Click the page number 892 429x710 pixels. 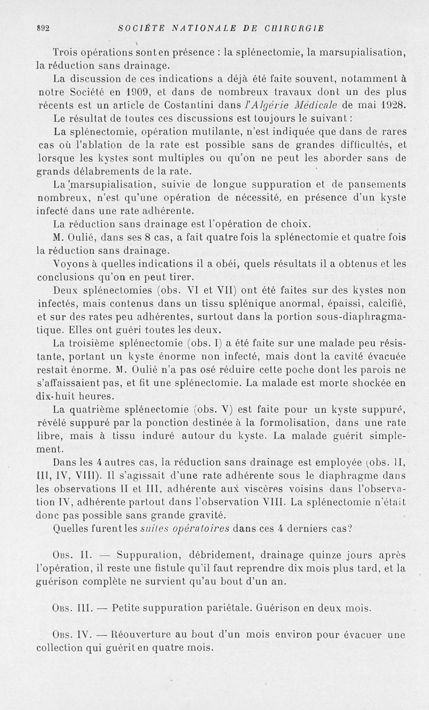click(x=42, y=29)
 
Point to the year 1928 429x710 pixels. click(x=394, y=104)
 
